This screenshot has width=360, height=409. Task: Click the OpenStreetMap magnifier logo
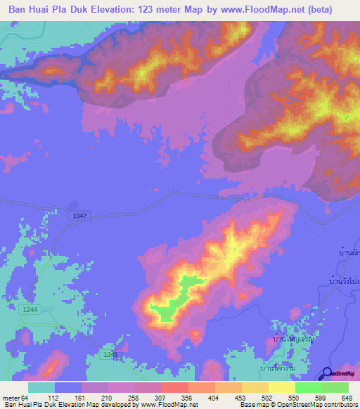327,374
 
